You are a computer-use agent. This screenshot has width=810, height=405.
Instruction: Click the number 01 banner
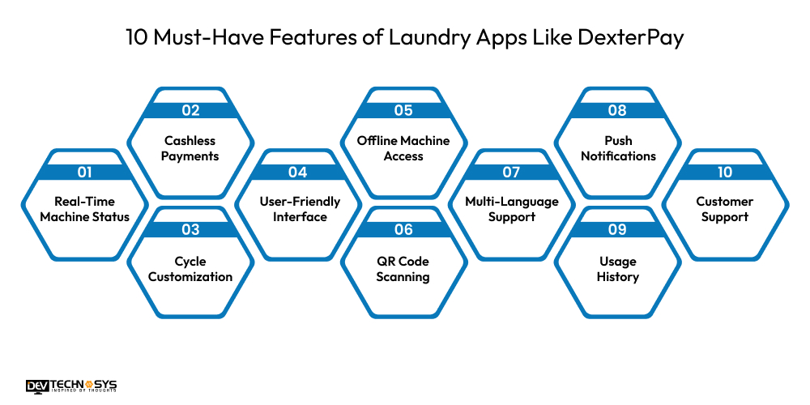pyautogui.click(x=84, y=172)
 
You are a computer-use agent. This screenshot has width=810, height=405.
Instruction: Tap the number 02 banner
pyautogui.click(x=190, y=111)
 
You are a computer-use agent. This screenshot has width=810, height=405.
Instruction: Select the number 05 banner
pyautogui.click(x=403, y=111)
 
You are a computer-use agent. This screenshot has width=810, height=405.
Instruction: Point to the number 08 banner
pyautogui.click(x=617, y=111)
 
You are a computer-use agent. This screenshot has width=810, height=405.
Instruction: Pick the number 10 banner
pyautogui.click(x=725, y=172)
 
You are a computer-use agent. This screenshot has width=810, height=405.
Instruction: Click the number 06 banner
pyautogui.click(x=403, y=229)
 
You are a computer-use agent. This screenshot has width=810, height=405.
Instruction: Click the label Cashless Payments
pyautogui.click(x=190, y=148)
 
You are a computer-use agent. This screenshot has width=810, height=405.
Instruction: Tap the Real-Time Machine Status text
pyautogui.click(x=84, y=209)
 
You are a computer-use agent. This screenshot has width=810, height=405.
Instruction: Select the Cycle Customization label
pyautogui.click(x=190, y=269)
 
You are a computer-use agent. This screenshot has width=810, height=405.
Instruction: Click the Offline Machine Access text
pyautogui.click(x=403, y=148)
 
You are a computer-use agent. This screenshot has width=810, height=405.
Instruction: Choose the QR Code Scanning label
pyautogui.click(x=403, y=269)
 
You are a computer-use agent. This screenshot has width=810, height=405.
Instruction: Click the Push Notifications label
pyautogui.click(x=617, y=148)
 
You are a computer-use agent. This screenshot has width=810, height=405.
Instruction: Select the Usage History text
pyautogui.click(x=617, y=269)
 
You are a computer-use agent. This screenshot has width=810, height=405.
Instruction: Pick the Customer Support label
pyautogui.click(x=725, y=209)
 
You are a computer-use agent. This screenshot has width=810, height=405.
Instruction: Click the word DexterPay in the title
pyautogui.click(x=638, y=38)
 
